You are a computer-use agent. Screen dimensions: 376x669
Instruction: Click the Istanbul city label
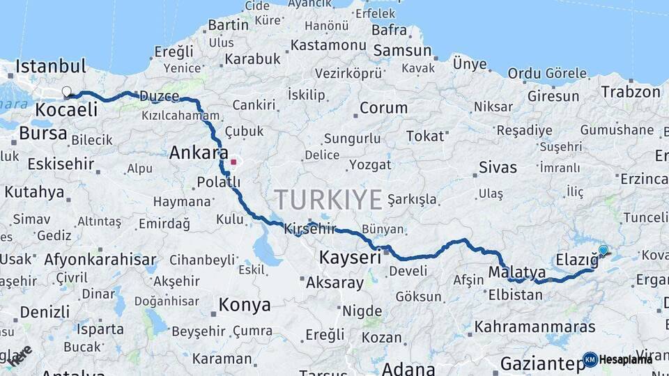click(51, 67)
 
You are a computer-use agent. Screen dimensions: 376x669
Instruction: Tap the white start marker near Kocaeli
click(67, 91)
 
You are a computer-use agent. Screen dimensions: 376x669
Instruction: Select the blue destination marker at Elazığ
click(603, 250)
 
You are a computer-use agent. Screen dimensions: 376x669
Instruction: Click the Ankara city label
click(199, 152)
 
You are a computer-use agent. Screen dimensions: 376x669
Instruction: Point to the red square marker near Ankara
click(233, 162)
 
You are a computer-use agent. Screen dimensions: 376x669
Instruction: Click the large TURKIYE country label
click(328, 200)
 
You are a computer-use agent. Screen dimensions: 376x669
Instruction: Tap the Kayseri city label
click(350, 257)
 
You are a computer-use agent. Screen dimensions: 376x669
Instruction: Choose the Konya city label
click(245, 304)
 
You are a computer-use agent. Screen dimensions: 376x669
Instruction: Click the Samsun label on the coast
click(403, 51)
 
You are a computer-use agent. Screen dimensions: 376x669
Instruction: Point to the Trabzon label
click(630, 92)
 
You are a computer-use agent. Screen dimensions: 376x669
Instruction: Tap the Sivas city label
click(498, 167)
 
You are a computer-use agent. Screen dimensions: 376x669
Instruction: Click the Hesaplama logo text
click(626, 359)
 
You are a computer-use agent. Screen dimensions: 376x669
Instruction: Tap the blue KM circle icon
click(590, 359)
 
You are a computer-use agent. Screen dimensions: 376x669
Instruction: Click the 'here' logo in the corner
click(20, 355)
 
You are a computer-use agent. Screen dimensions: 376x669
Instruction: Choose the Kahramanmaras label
click(535, 326)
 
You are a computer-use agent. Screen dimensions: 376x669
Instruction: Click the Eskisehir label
click(61, 164)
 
